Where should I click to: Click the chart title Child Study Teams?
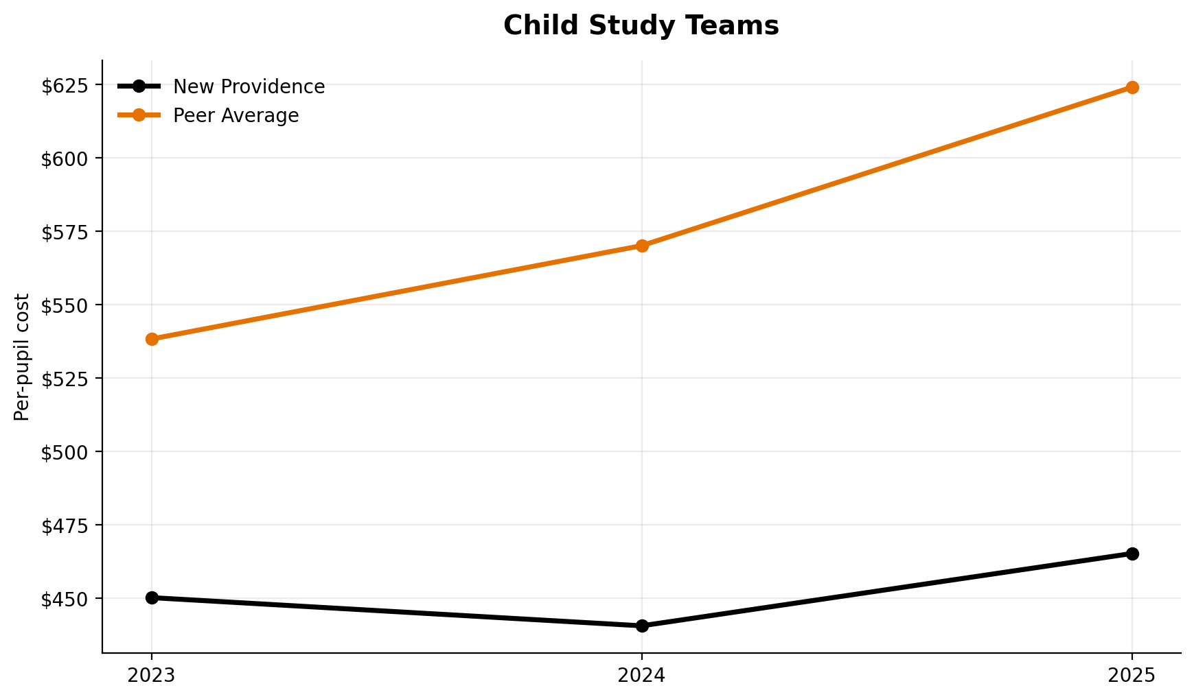click(x=641, y=26)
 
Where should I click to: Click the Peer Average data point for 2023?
click(x=152, y=339)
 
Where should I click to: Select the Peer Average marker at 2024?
click(x=642, y=246)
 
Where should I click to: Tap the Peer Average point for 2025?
click(x=1132, y=87)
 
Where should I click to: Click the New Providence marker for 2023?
click(x=152, y=597)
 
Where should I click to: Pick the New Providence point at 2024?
click(x=642, y=626)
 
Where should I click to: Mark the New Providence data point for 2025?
click(x=1132, y=554)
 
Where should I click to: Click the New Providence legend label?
click(x=249, y=87)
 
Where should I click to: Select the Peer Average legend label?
click(x=236, y=116)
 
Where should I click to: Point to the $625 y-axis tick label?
click(x=65, y=86)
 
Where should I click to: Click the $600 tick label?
click(x=65, y=158)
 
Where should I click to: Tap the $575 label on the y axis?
click(x=65, y=232)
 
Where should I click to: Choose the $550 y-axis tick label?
click(x=65, y=305)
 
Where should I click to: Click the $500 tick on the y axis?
click(x=65, y=452)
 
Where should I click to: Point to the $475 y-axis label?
click(x=65, y=525)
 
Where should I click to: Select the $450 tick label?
click(x=65, y=599)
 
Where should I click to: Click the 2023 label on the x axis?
click(x=152, y=675)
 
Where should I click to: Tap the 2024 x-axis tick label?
click(x=642, y=675)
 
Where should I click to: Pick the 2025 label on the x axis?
click(x=1132, y=675)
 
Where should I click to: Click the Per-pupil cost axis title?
click(x=22, y=357)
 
